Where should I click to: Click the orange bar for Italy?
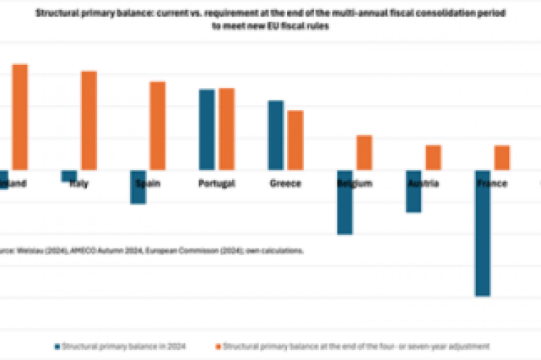(x=88, y=120)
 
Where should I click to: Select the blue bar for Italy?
(x=69, y=176)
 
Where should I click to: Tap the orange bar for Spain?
(x=157, y=126)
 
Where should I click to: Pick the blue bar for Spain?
(x=137, y=187)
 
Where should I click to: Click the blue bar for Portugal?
(x=207, y=129)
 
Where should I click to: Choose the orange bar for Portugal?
(x=226, y=129)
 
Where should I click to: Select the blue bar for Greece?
(x=276, y=135)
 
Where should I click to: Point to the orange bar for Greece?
(x=295, y=140)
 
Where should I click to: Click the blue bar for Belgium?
(x=344, y=202)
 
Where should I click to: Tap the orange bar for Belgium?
(x=364, y=153)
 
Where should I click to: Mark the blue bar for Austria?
(x=413, y=191)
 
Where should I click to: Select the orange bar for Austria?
(x=433, y=158)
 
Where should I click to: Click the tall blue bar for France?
(x=482, y=233)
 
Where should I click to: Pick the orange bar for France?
(x=501, y=158)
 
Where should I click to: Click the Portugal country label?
(x=216, y=184)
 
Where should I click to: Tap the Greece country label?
(x=285, y=184)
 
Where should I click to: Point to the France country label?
(x=492, y=184)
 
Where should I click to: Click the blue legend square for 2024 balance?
(x=57, y=346)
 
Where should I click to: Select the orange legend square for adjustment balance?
(x=218, y=346)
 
